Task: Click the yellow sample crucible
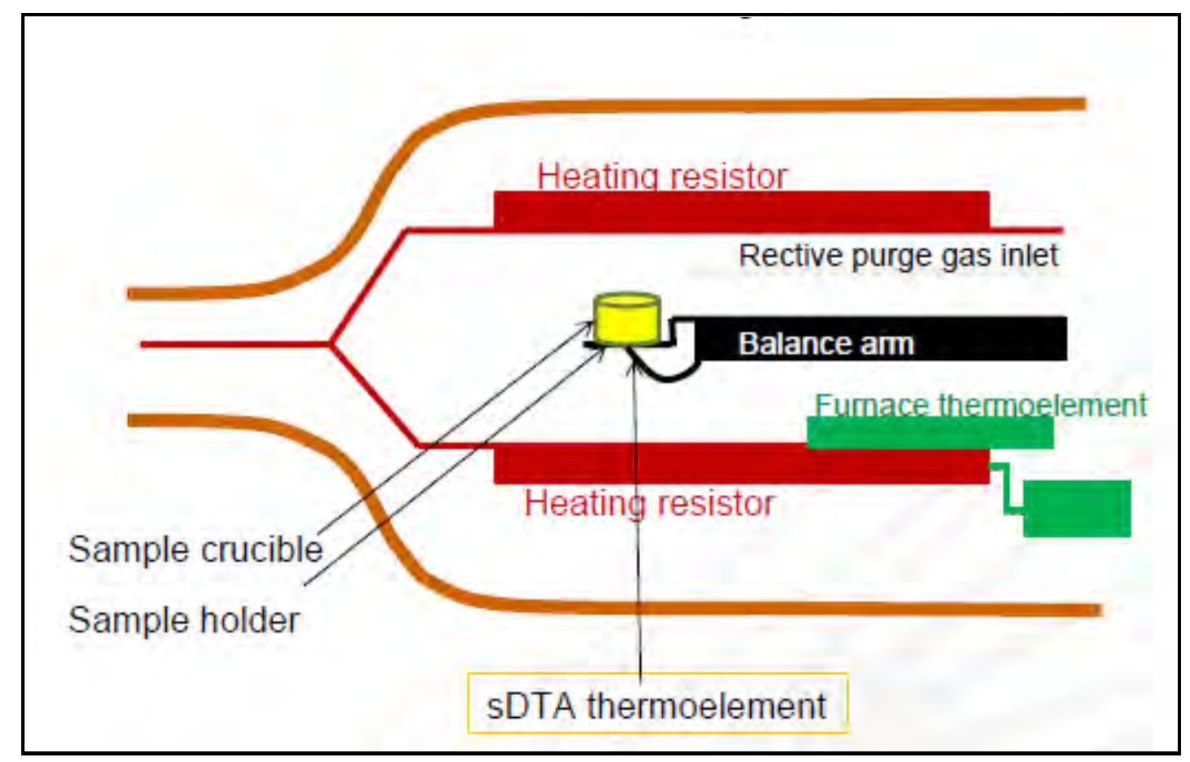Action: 627,319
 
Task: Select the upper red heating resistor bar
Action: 740,210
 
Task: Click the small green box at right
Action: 1076,508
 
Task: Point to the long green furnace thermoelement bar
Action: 929,433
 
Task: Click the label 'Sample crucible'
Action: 195,550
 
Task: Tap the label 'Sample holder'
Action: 184,621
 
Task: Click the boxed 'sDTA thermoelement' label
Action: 657,705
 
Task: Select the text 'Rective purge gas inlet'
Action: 897,256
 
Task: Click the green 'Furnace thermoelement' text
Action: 980,405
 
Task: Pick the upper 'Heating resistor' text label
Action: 662,176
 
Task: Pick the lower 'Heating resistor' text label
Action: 649,503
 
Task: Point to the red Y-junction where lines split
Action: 331,344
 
